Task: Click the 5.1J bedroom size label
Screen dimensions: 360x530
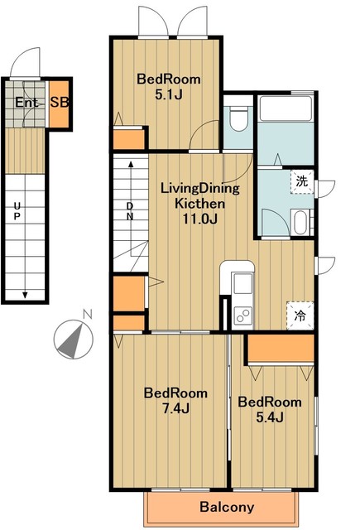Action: [169, 95]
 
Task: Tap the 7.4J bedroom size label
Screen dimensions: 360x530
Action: [175, 408]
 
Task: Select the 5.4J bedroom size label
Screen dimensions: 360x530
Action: [270, 417]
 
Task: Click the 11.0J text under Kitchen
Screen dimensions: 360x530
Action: [200, 219]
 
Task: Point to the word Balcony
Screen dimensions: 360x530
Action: [227, 507]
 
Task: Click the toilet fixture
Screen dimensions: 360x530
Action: [238, 118]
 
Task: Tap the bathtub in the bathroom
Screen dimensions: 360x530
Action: [286, 108]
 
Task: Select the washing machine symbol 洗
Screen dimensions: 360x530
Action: [302, 181]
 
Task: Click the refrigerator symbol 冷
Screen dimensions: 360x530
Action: [300, 316]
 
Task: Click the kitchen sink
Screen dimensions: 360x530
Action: [242, 283]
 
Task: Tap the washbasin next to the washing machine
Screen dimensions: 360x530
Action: [300, 222]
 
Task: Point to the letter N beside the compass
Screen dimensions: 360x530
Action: [88, 314]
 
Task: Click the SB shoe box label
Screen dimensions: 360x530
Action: [60, 102]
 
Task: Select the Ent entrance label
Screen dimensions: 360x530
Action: [26, 103]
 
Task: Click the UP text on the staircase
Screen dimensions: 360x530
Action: [17, 211]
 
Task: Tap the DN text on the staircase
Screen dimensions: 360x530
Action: [130, 211]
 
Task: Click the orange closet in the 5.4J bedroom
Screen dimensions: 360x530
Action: [281, 348]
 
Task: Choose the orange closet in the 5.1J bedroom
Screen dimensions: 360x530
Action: [128, 139]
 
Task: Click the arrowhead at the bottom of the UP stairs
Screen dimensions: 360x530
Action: [25, 295]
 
